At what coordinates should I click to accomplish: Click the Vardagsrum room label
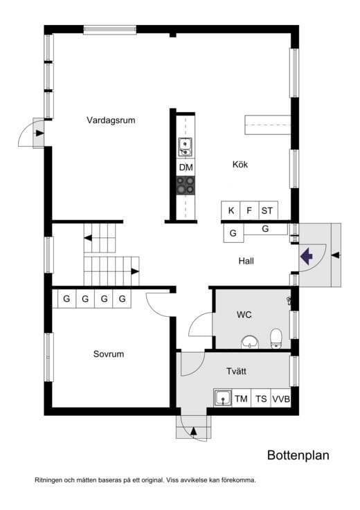point(111,120)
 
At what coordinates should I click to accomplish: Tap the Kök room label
point(240,165)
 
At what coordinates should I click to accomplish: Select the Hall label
point(246,261)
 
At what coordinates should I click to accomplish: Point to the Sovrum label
point(109,354)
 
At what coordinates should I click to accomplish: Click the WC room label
point(244,315)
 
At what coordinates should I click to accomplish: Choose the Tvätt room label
point(237,372)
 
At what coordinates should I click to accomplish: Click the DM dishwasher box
point(186,167)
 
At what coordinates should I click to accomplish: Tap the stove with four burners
point(186,185)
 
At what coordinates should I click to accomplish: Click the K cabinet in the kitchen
point(231,210)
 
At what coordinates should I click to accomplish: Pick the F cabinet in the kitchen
point(249,210)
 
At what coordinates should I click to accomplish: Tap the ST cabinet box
point(267,210)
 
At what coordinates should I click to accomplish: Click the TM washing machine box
point(241,399)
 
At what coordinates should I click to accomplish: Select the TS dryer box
point(260,399)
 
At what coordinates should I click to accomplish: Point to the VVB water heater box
point(280,399)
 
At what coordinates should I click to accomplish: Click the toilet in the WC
point(276,338)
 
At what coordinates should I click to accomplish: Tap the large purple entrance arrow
point(307,256)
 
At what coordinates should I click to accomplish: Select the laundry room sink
point(223,399)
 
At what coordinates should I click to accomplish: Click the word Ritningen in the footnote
point(51,480)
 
